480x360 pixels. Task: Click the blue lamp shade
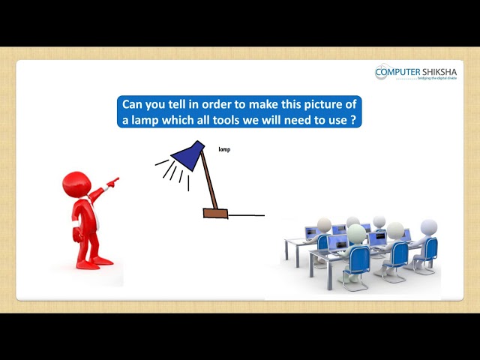pyautogui.click(x=188, y=154)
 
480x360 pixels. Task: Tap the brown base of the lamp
pyautogui.click(x=215, y=214)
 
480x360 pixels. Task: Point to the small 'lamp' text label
pyautogui.click(x=224, y=150)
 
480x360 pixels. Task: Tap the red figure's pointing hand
pyautogui.click(x=112, y=181)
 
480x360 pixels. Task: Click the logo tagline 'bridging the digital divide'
pyautogui.click(x=436, y=79)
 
